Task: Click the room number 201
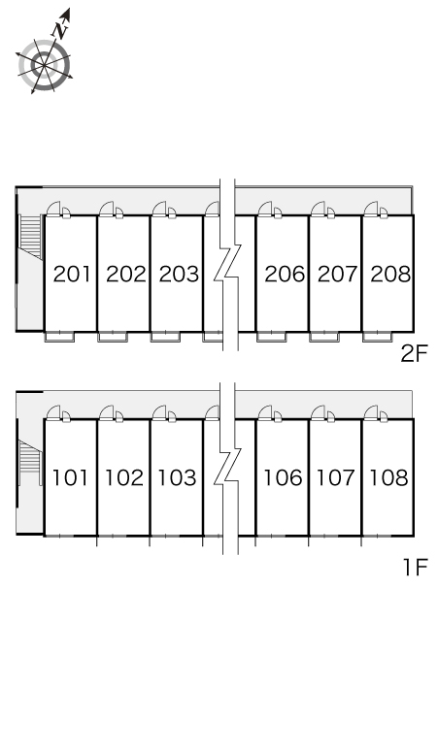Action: click(x=72, y=274)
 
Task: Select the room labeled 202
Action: click(x=125, y=274)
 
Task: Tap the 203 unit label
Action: click(x=179, y=274)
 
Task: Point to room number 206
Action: click(x=285, y=274)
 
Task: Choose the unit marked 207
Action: click(x=337, y=274)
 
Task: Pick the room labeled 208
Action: click(x=390, y=274)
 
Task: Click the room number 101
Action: click(x=70, y=478)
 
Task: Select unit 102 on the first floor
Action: click(x=124, y=478)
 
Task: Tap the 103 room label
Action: click(x=178, y=478)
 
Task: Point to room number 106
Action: click(x=284, y=478)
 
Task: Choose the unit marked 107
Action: click(x=336, y=478)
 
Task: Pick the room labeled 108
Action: click(x=389, y=478)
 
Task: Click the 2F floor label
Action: click(x=414, y=354)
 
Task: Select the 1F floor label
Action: click(x=415, y=568)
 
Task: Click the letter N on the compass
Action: click(x=60, y=31)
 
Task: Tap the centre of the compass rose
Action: click(x=44, y=65)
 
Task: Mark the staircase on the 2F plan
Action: click(x=31, y=237)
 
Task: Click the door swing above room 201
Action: click(x=53, y=209)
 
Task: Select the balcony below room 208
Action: click(x=378, y=337)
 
